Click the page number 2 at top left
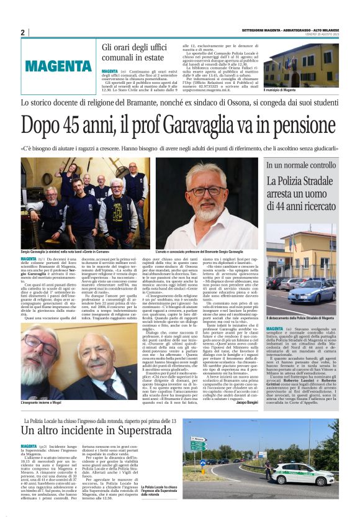(22, 32)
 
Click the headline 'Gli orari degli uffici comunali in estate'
(138, 53)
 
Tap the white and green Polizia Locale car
(302, 474)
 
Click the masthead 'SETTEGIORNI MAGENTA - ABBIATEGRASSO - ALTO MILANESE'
(290, 30)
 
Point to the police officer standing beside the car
(268, 467)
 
